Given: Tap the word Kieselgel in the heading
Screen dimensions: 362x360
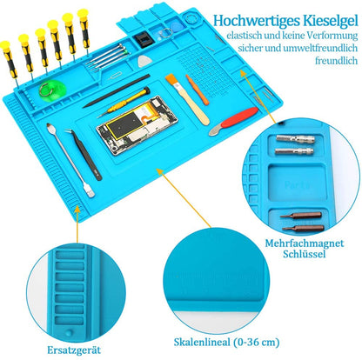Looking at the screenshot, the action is pyautogui.click(x=330, y=21).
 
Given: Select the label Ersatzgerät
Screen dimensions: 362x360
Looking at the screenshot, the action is pyautogui.click(x=74, y=350).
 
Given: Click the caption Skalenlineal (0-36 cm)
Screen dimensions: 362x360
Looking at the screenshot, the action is pyautogui.click(x=226, y=343).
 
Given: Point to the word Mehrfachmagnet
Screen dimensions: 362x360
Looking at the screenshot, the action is pyautogui.click(x=305, y=243).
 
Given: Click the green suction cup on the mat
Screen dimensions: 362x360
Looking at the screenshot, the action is pyautogui.click(x=52, y=89).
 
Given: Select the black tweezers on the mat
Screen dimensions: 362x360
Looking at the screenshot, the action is pyautogui.click(x=84, y=154).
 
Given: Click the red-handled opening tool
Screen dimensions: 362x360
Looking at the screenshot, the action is pyautogui.click(x=233, y=121).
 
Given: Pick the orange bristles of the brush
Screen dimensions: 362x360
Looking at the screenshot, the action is pyautogui.click(x=171, y=80).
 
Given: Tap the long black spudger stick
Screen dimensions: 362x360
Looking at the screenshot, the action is pyautogui.click(x=116, y=91).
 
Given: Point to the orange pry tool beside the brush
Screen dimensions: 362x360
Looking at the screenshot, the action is pyautogui.click(x=198, y=90).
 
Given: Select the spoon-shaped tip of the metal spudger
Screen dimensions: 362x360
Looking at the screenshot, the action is pyautogui.click(x=50, y=127).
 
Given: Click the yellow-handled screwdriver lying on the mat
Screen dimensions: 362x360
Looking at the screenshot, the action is pyautogui.click(x=124, y=102).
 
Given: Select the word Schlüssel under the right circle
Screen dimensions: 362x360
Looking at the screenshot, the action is pyautogui.click(x=305, y=254).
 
